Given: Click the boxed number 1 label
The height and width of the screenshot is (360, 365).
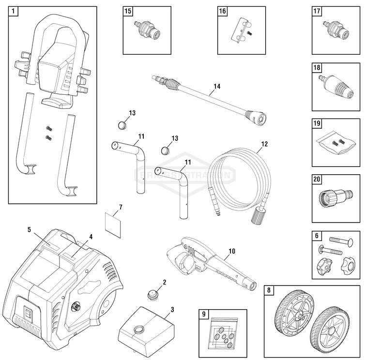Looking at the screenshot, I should click(13, 11).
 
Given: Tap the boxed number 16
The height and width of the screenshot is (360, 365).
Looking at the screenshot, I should click(222, 11).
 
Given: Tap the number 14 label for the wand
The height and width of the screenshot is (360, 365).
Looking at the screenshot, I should click(216, 87).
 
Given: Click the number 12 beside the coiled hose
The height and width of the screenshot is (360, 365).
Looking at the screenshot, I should click(264, 144).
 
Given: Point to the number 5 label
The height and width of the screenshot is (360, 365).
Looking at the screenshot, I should click(29, 229).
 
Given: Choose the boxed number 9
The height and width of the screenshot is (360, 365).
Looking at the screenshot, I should click(204, 314).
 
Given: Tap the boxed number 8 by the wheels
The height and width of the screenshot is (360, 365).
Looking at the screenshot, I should click(269, 291).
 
